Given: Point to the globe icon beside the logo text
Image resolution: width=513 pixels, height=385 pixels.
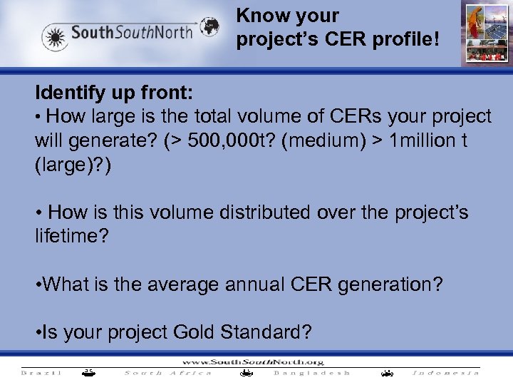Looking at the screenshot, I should coord(209,28).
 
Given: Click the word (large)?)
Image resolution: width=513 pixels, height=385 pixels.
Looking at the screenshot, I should coord(73,165).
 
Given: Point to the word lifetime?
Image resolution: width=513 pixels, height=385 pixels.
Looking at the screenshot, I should coord(72,236).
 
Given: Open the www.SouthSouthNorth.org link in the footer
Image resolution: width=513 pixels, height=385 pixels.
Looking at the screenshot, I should coord(255,361).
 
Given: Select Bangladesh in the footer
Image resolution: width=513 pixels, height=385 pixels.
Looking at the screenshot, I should coord(312,373).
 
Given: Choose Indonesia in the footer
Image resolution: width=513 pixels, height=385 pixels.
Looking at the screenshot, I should coord(447,373).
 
